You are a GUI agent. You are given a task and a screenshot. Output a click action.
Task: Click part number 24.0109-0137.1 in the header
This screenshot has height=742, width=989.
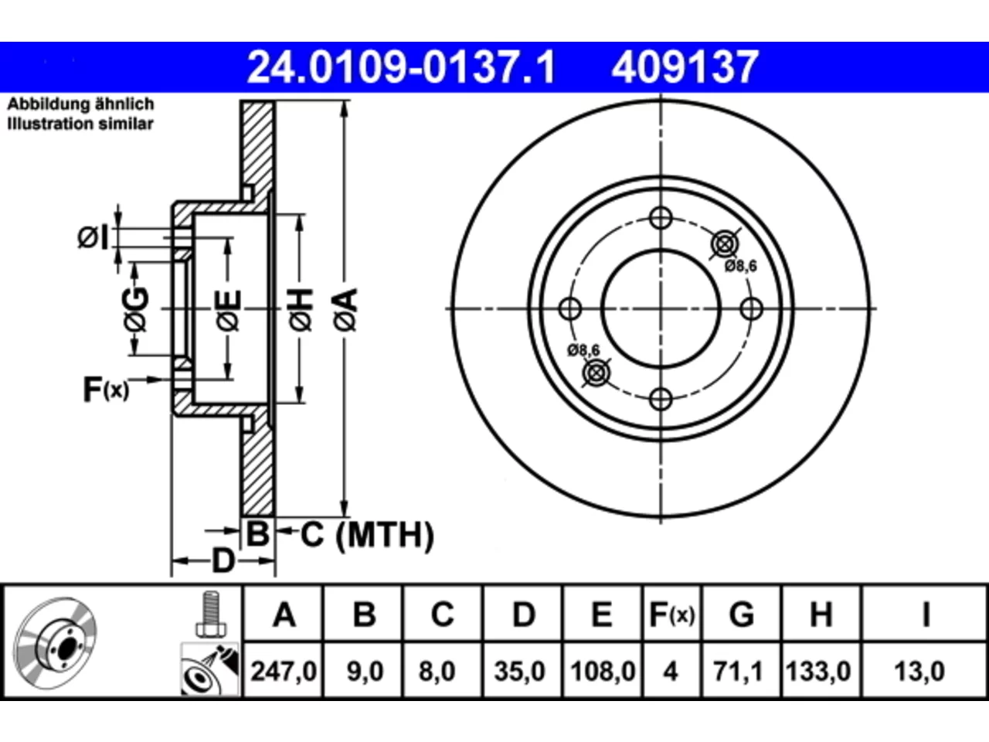402,67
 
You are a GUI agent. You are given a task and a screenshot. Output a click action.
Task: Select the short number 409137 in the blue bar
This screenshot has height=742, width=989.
685,67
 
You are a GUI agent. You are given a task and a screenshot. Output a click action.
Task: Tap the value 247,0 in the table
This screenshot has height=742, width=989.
284,671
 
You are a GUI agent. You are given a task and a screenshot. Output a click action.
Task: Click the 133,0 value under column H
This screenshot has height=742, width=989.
818,671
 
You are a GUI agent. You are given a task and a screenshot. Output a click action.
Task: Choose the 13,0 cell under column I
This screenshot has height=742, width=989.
919,671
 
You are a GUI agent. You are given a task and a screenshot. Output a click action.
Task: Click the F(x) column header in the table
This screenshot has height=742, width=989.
671,614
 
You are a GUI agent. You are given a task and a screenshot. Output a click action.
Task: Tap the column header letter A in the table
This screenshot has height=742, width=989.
284,614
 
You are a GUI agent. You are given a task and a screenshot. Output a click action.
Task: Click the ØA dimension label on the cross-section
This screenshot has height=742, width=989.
345,310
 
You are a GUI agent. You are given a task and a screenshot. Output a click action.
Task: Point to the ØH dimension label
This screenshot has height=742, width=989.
301,310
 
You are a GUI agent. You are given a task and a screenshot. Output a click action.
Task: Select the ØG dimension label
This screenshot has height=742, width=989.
136,309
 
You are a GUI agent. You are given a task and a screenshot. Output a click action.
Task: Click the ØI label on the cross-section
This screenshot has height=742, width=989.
93,237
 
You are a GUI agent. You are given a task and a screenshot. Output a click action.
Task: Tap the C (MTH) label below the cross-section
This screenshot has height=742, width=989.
367,535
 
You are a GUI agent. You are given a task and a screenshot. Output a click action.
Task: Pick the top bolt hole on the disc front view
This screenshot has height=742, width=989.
661,218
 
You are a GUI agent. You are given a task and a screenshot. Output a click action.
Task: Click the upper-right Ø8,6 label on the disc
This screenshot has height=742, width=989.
740,266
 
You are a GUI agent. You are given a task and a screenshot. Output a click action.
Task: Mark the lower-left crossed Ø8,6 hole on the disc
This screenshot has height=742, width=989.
596,373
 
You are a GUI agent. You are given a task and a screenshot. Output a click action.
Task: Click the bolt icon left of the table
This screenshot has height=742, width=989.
211,614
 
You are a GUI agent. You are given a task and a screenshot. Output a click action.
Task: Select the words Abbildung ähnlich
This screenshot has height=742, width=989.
80,104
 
